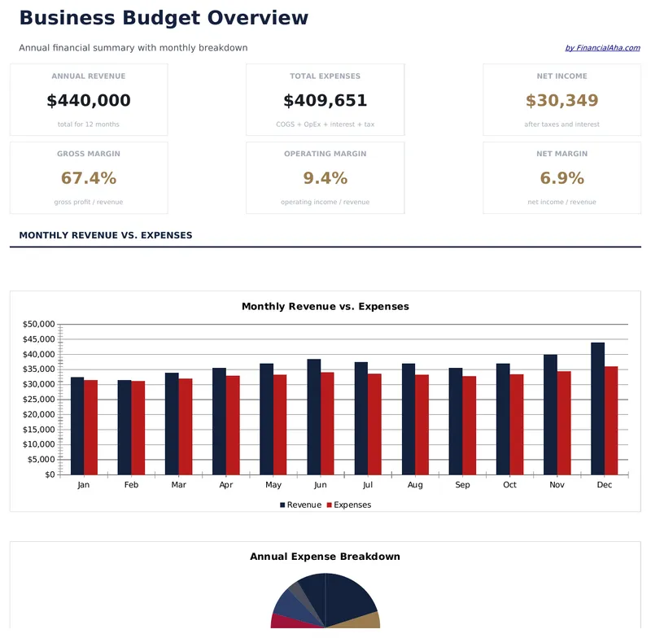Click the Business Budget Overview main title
(164, 18)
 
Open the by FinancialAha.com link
(602, 48)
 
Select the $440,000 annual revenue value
(89, 101)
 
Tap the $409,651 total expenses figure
(325, 101)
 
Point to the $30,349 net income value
(561, 101)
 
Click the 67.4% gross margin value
(89, 178)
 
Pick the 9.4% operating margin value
(325, 178)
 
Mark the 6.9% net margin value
(561, 178)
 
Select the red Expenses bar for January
(90, 427)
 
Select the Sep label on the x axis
(462, 485)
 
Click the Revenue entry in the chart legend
(300, 505)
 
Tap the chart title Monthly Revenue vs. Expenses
(325, 307)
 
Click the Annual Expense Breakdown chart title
(325, 557)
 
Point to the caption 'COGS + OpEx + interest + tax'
(325, 125)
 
